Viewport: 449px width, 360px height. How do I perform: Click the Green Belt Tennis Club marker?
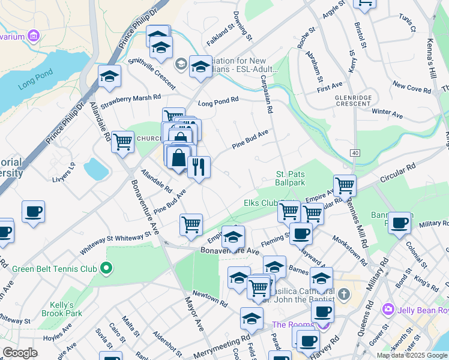[107, 268]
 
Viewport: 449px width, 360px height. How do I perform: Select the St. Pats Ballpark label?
[291, 178]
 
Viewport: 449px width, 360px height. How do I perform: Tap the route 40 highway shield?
[355, 154]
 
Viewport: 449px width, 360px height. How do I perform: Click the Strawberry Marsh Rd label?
[131, 97]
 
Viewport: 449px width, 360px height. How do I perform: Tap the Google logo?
[20, 353]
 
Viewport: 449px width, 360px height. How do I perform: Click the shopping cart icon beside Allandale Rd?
[122, 142]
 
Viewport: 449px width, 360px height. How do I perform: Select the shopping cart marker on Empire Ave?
[191, 224]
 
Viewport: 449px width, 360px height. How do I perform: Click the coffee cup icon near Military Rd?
[399, 223]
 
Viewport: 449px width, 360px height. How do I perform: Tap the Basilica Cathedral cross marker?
[343, 295]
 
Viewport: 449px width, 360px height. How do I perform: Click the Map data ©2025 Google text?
[411, 355]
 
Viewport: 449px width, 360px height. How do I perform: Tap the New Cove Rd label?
[411, 89]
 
